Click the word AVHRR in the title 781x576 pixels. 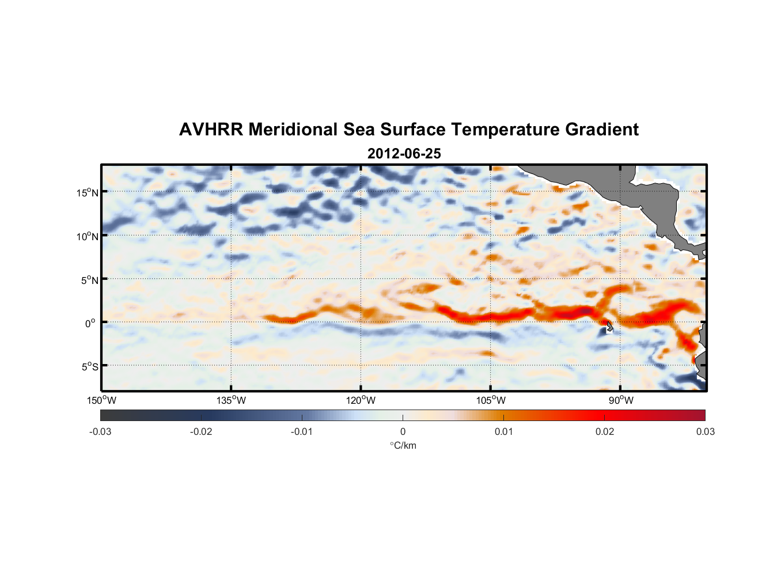click(211, 130)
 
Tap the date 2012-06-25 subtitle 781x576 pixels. click(404, 154)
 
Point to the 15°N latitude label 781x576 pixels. click(88, 192)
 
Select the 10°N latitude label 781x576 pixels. click(88, 236)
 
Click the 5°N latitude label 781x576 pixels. click(89, 280)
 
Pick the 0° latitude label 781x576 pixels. click(90, 323)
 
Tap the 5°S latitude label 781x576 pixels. click(89, 367)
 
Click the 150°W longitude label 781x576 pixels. click(102, 400)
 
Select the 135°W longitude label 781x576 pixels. click(232, 400)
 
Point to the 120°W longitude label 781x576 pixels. click(361, 400)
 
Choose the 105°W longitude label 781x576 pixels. click(491, 400)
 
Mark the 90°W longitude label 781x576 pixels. click(621, 400)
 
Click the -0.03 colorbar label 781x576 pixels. click(100, 432)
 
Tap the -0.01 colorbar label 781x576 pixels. click(302, 432)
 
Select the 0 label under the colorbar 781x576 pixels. click(403, 432)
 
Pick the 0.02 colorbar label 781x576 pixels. click(605, 432)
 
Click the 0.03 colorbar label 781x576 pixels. click(705, 432)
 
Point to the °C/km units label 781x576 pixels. click(403, 445)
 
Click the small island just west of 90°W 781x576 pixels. click(609, 327)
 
